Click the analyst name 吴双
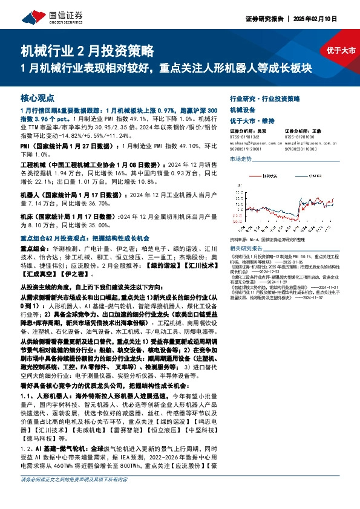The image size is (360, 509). click(x=261, y=130)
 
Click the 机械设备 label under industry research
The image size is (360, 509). click(x=241, y=109)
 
